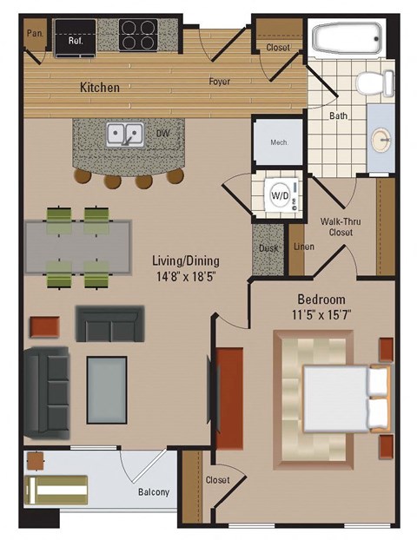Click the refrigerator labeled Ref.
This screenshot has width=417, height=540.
69,36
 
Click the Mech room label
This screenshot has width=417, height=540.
279,142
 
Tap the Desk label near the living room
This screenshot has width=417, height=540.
268,247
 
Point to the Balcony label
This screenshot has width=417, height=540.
154,493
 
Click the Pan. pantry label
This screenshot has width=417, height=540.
35,33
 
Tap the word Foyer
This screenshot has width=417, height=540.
219,82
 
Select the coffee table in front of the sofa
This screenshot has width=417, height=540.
107,390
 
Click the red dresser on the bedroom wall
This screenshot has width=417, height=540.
229,398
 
